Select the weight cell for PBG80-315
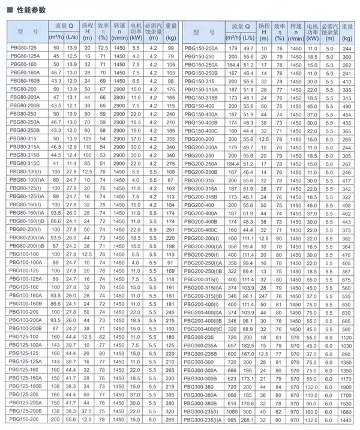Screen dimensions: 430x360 pyautogui.click(x=171, y=138)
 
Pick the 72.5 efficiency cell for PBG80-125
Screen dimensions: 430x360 pyautogui.click(x=103, y=47)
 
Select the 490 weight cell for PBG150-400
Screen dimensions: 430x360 pyautogui.click(x=346, y=105)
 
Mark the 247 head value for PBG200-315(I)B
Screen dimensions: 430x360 pyautogui.click(x=263, y=296)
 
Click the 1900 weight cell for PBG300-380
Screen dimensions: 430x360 pyautogui.click(x=346, y=387)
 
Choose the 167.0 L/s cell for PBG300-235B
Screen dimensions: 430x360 pyautogui.click(x=248, y=354)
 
